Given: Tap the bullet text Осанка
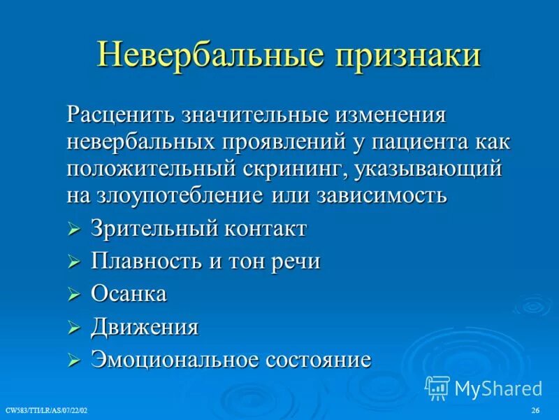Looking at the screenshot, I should pos(129,294).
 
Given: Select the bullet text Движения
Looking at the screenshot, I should pos(145,327).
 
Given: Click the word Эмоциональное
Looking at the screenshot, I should pos(175,360).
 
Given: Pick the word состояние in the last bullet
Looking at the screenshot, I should pos(318,360).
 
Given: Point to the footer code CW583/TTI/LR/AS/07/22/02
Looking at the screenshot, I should pos(46,409).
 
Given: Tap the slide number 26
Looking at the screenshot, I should pos(536,409).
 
